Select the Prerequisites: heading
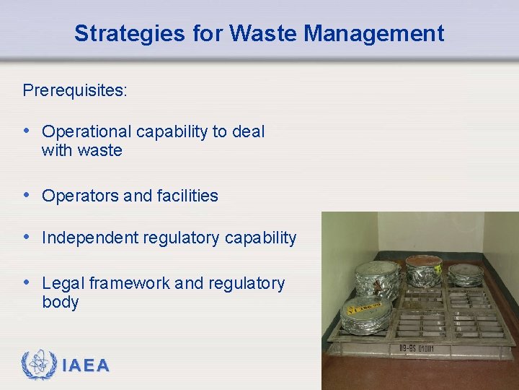point(75,90)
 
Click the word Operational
point(86,131)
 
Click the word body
point(61,302)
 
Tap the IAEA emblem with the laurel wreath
point(37,365)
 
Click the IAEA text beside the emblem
point(86,366)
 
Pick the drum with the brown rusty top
point(423,269)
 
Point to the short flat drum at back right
point(466,274)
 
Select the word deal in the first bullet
point(249,131)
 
